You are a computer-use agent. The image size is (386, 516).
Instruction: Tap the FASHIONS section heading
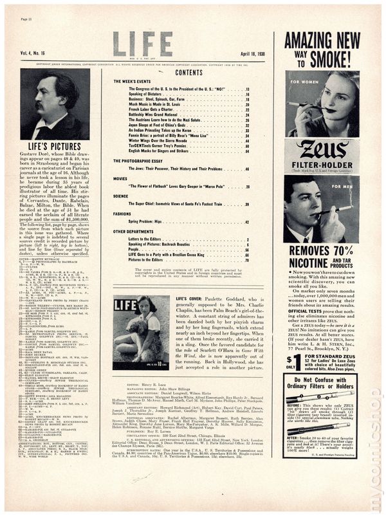(122, 213)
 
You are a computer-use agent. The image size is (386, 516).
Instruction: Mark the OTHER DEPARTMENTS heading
(133, 231)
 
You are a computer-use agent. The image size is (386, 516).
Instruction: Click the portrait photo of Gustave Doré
(55, 104)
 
